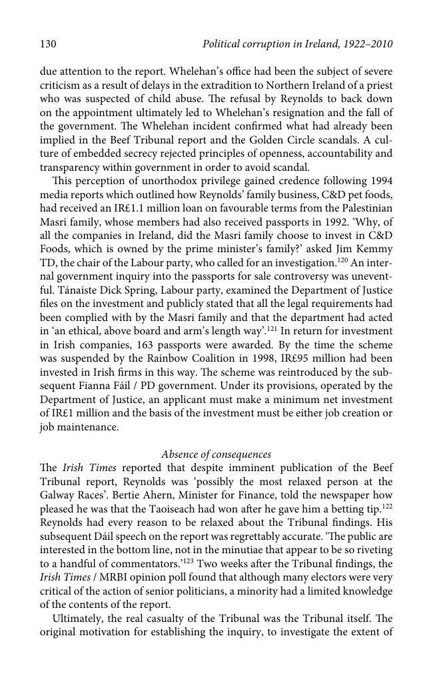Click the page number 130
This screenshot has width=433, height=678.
click(x=48, y=45)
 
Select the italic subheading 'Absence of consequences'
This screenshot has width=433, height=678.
click(x=216, y=454)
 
